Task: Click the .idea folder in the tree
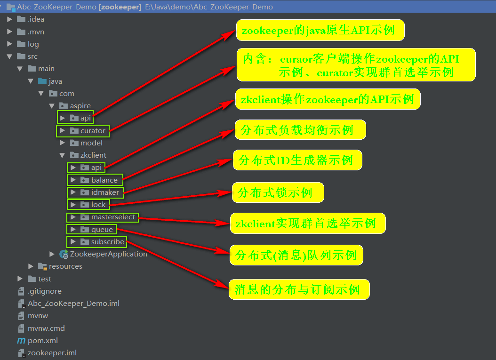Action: (x=36, y=19)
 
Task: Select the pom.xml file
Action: (x=42, y=340)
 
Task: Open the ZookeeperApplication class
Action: (x=108, y=254)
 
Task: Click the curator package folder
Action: (x=93, y=130)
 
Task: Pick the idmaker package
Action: (x=105, y=192)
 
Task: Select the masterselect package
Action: (x=113, y=217)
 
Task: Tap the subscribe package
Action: (x=107, y=242)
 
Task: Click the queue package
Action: (x=102, y=230)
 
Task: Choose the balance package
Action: (x=104, y=180)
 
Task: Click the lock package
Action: (x=98, y=205)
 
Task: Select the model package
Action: (x=91, y=143)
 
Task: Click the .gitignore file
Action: (x=44, y=291)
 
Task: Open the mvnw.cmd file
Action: (x=46, y=328)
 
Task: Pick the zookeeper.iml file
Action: (x=52, y=352)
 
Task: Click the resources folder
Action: (x=65, y=266)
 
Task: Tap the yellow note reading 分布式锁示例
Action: (x=278, y=192)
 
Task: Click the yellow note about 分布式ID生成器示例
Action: (x=297, y=160)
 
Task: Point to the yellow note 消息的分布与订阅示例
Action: (x=299, y=289)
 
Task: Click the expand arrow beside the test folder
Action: (x=20, y=279)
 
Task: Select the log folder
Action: (x=33, y=44)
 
